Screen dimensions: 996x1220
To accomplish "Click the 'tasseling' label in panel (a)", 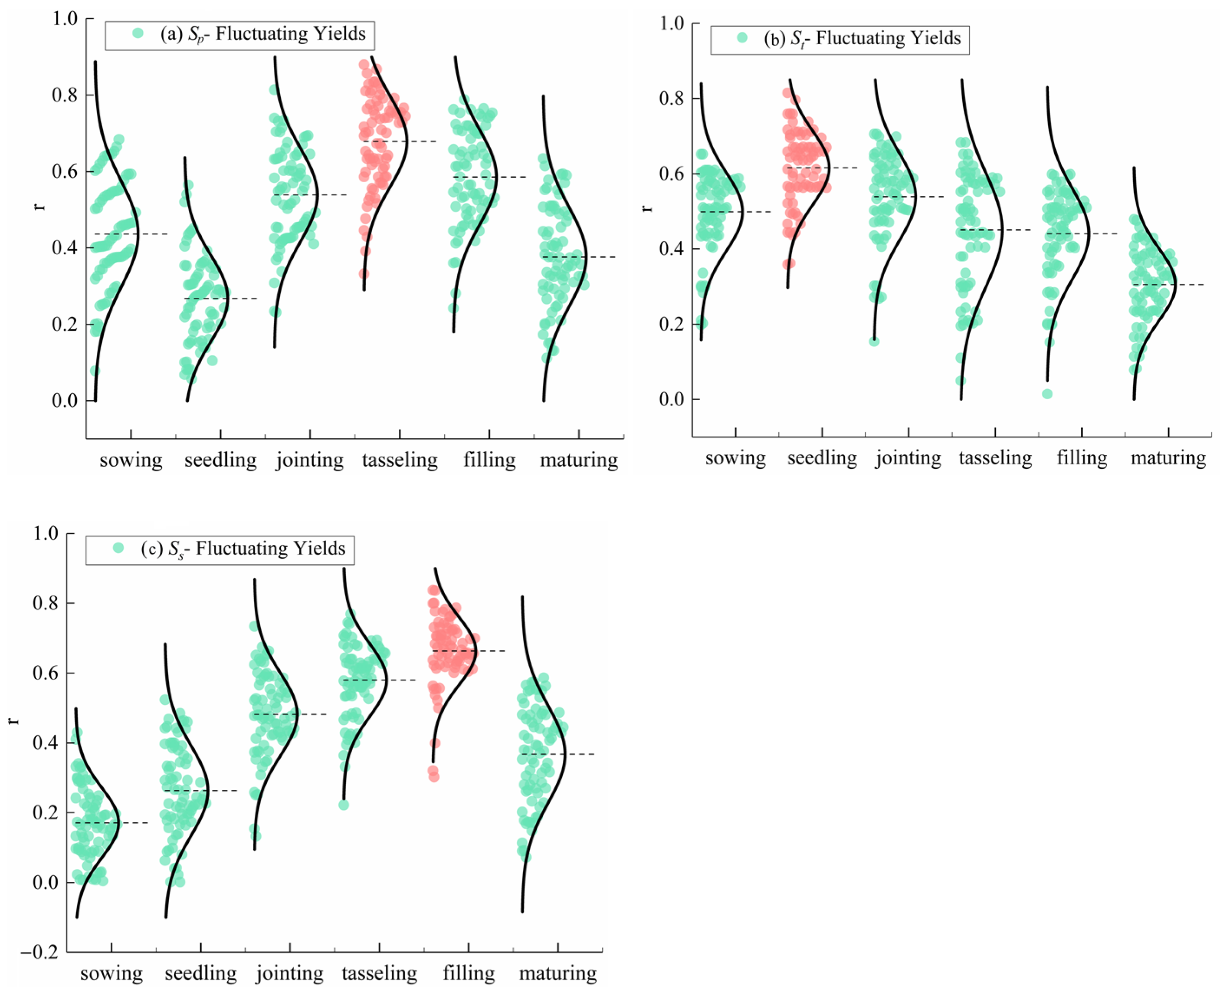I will [399, 460].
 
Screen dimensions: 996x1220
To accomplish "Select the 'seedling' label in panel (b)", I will [821, 458].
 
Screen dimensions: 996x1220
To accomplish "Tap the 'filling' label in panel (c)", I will [468, 973].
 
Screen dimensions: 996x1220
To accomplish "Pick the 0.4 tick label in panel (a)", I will [64, 248].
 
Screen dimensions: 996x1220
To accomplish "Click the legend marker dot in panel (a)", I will [138, 33].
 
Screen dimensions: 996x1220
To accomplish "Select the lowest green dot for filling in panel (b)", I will [1047, 394].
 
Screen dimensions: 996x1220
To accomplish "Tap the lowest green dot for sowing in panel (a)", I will [95, 371].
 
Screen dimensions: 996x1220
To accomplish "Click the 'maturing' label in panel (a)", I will [578, 460].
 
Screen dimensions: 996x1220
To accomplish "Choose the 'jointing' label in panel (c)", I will [290, 973].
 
